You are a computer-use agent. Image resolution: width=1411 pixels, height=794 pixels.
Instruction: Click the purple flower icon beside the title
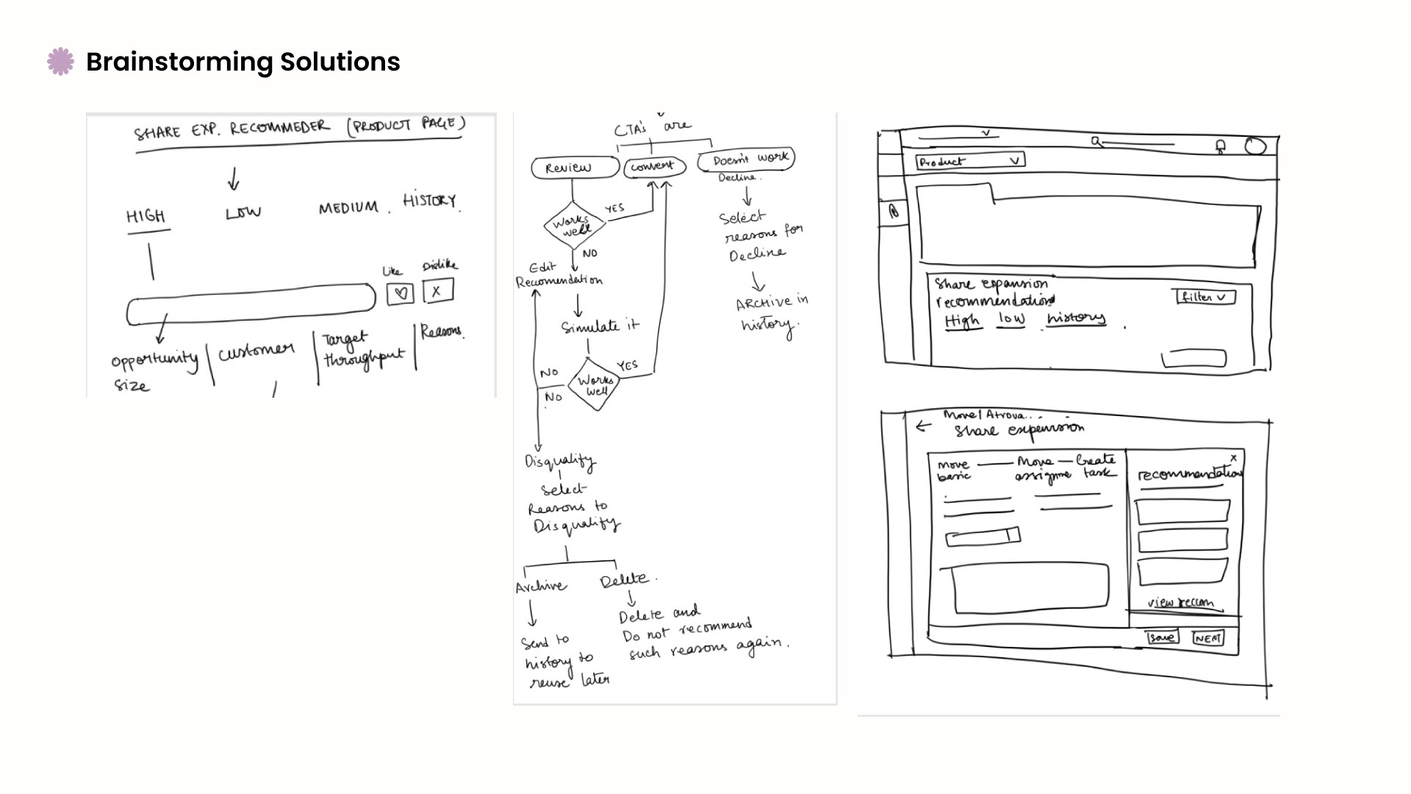[60, 62]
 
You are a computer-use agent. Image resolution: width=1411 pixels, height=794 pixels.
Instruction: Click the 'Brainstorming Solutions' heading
[243, 62]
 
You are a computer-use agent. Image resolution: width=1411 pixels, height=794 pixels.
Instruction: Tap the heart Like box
[401, 293]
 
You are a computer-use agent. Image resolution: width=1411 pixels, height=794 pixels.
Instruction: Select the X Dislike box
[437, 290]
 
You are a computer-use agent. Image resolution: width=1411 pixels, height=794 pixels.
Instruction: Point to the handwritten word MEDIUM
[348, 208]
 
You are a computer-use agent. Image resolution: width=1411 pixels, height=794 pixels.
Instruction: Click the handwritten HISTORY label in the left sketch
[429, 200]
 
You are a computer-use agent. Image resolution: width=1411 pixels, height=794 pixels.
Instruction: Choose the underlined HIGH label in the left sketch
[146, 216]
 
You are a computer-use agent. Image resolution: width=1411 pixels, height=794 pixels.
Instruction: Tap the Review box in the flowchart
[575, 168]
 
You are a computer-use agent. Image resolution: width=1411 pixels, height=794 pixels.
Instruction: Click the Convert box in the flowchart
[654, 167]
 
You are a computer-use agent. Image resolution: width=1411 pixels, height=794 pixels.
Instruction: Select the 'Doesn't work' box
[745, 159]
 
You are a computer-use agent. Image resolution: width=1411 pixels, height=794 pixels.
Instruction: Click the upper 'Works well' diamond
[575, 225]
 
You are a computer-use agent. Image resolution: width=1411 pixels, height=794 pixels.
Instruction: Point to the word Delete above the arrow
[624, 581]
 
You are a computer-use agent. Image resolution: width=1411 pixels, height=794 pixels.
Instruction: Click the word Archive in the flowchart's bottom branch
[541, 586]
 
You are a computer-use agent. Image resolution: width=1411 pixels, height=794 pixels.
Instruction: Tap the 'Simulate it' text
[600, 326]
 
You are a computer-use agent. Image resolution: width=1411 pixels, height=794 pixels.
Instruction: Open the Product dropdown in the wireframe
[970, 161]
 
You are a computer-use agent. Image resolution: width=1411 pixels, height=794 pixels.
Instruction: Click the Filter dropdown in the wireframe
[1204, 297]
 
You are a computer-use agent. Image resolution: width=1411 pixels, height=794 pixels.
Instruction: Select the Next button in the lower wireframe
[1208, 637]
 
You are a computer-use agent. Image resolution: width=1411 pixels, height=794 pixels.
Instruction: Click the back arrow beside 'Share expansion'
[923, 425]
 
